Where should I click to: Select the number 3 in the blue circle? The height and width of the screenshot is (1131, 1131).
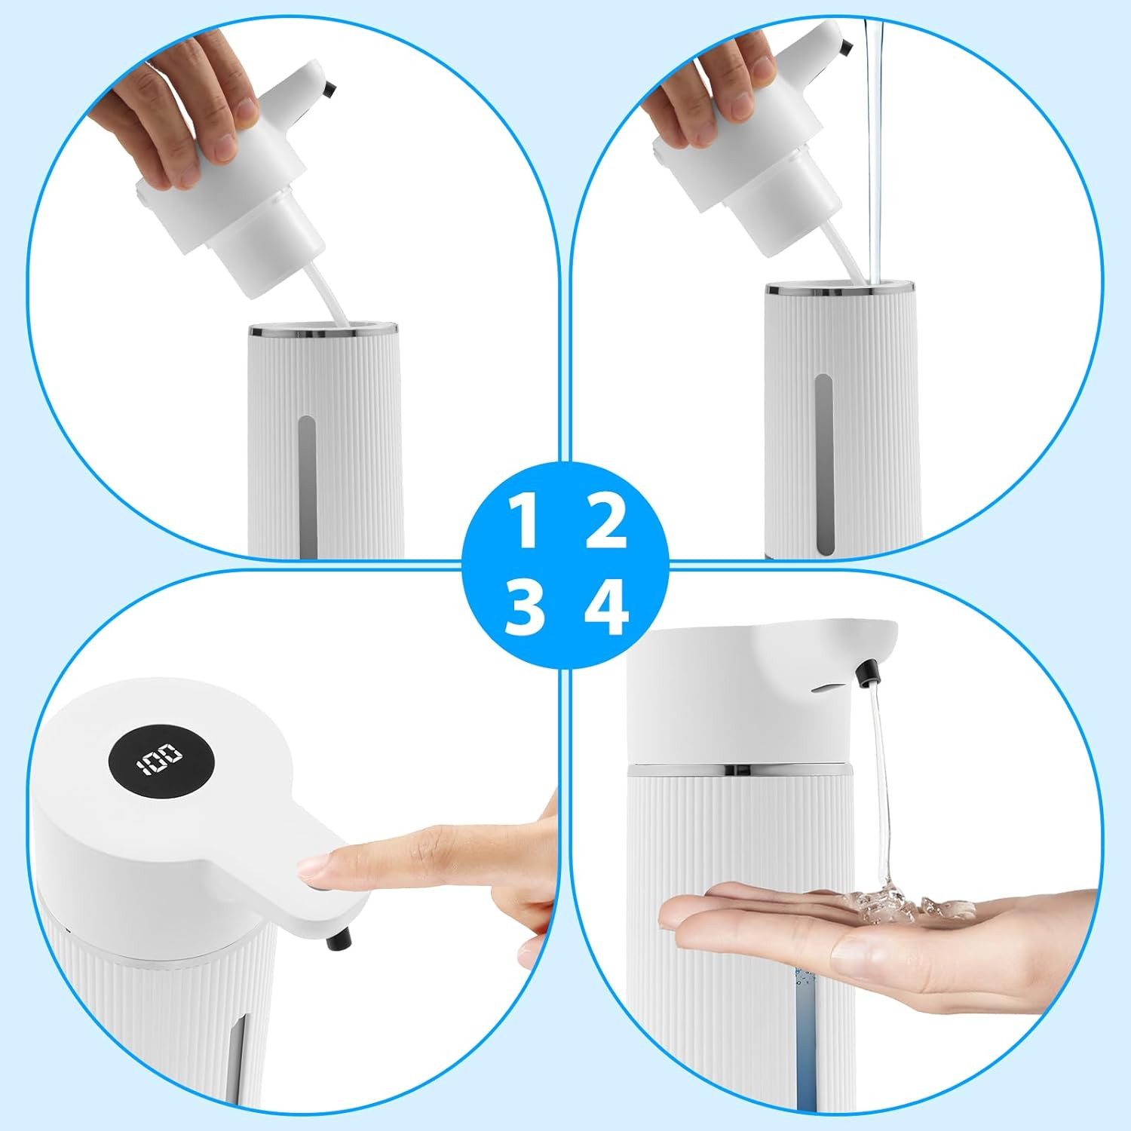pyautogui.click(x=525, y=608)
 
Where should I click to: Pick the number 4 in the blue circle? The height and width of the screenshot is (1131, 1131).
pyautogui.click(x=606, y=608)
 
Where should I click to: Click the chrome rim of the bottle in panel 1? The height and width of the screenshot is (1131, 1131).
pyautogui.click(x=323, y=330)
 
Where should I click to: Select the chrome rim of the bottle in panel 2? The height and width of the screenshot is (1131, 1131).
pyautogui.click(x=841, y=288)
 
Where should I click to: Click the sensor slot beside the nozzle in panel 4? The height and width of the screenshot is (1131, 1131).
pyautogui.click(x=827, y=686)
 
